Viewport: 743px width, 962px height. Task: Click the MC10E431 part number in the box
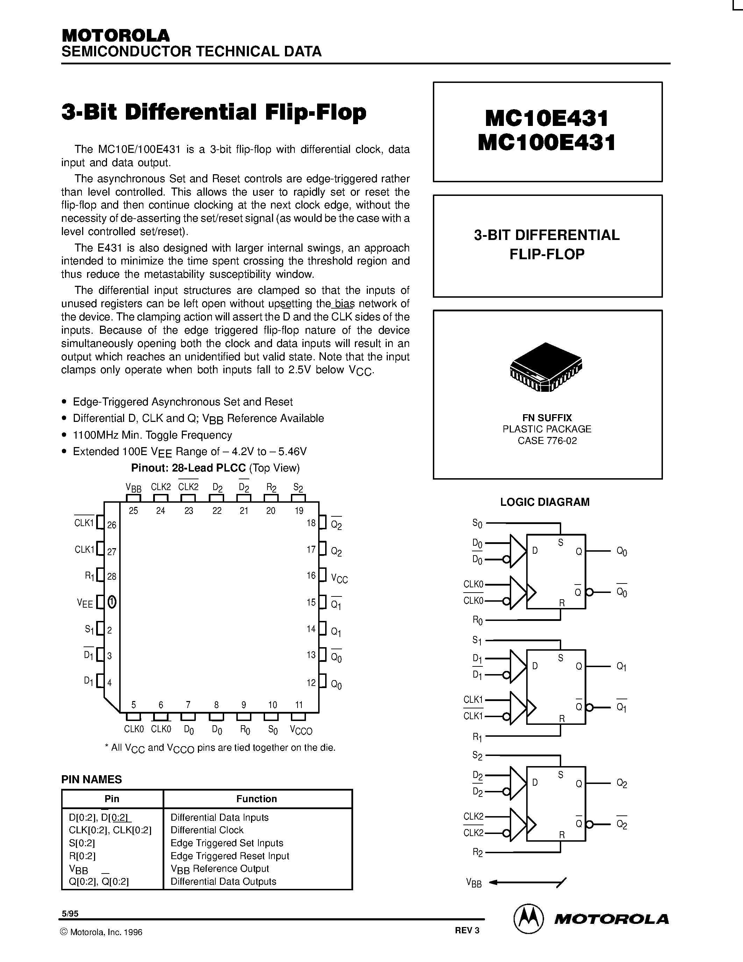(x=547, y=118)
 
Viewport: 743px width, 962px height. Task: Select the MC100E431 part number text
(x=547, y=143)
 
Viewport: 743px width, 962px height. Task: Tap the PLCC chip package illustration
(x=546, y=367)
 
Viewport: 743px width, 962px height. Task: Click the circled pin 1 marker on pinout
(x=112, y=602)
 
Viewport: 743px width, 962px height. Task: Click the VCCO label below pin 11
(x=301, y=730)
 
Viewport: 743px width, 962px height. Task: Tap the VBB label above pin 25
(x=133, y=488)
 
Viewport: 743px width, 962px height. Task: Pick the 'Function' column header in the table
(x=257, y=799)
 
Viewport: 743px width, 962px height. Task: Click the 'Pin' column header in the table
(x=112, y=799)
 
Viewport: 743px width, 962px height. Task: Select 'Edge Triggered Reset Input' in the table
(x=230, y=856)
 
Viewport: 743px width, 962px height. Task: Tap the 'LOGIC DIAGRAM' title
(x=544, y=502)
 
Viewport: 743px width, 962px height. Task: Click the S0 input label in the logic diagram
(x=477, y=523)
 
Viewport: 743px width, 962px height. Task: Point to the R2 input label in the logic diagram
(x=478, y=852)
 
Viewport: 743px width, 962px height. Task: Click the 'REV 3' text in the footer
(x=467, y=930)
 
